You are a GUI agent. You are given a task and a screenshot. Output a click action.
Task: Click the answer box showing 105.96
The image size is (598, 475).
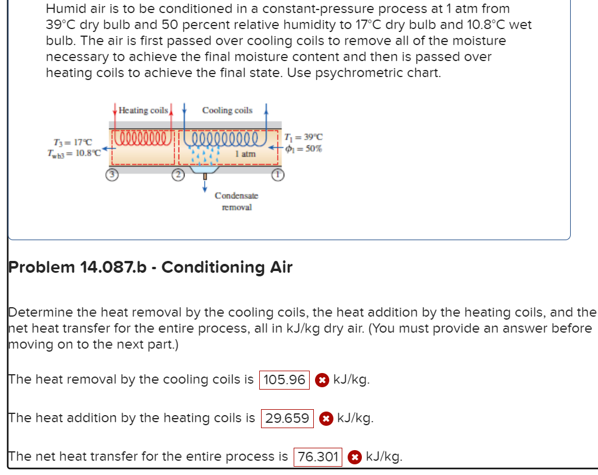pyautogui.click(x=284, y=380)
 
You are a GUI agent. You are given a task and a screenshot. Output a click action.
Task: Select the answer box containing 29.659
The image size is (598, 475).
pyautogui.click(x=287, y=418)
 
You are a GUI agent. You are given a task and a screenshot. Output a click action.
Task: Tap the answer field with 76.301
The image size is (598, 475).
pyautogui.click(x=318, y=457)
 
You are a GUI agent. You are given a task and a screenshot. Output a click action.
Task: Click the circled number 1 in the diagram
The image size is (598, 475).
pyautogui.click(x=276, y=174)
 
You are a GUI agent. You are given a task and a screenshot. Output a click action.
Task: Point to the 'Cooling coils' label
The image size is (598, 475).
pyautogui.click(x=227, y=110)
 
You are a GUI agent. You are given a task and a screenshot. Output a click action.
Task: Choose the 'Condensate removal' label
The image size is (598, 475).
pyautogui.click(x=236, y=201)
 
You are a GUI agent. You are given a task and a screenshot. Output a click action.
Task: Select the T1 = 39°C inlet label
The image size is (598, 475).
pyautogui.click(x=304, y=137)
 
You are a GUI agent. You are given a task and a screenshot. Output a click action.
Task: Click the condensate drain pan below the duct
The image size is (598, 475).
pyautogui.click(x=205, y=168)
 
